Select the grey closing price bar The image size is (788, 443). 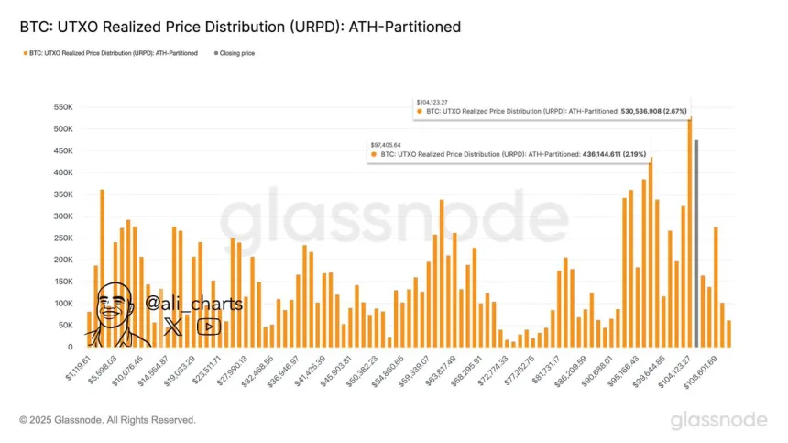(x=696, y=244)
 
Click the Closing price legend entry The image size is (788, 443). (x=236, y=54)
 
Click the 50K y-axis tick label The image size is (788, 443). (x=62, y=326)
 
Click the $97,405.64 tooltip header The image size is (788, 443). (x=387, y=144)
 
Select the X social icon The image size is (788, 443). (x=174, y=326)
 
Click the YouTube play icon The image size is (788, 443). (x=209, y=326)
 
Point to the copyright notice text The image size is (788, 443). (x=108, y=420)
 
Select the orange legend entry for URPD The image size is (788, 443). (x=111, y=54)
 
